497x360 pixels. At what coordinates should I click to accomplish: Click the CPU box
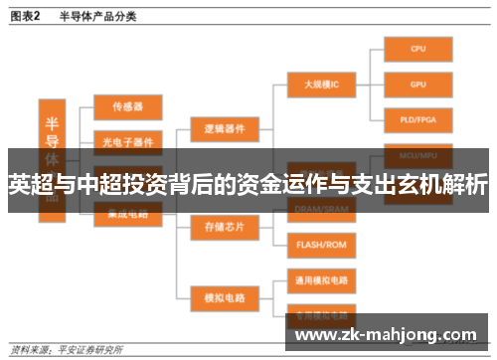[x=417, y=47]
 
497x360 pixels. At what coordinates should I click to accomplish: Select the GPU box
[x=417, y=85]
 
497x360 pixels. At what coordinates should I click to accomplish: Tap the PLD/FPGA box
[x=417, y=121]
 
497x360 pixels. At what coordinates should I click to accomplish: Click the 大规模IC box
[x=320, y=85]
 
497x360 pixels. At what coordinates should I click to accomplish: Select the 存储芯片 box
[x=224, y=227]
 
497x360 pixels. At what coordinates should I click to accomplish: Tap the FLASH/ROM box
[x=320, y=244]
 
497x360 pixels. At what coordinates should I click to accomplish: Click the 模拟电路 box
[x=224, y=296]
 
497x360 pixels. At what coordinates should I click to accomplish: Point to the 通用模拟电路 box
[x=320, y=279]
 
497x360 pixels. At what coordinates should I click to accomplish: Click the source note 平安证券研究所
[x=89, y=350]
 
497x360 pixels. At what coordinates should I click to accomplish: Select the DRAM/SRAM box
[x=320, y=208]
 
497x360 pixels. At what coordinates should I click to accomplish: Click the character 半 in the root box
[x=53, y=122]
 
